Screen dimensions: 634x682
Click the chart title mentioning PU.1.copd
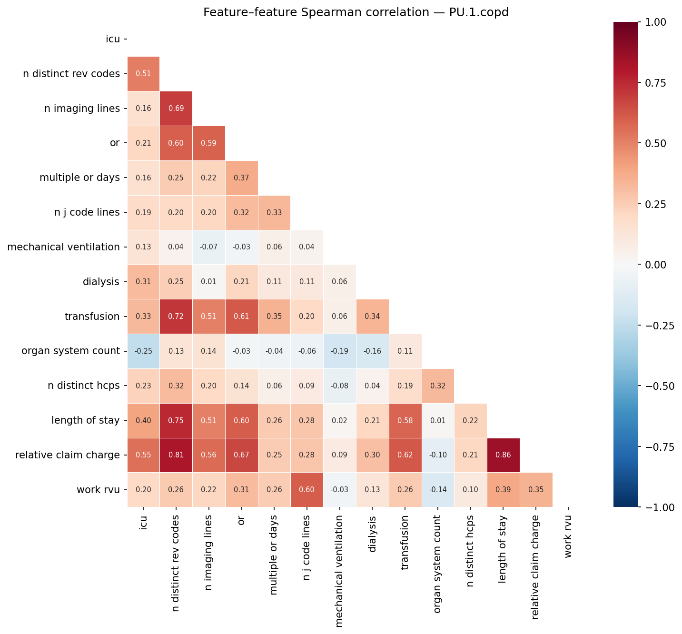356,12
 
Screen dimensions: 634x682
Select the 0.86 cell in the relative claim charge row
503,455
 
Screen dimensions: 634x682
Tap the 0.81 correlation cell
176,455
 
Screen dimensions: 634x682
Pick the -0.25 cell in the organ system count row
143,351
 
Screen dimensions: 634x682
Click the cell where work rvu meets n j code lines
306,490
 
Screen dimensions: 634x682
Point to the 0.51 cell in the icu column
143,74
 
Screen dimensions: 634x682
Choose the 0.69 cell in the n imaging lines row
176,109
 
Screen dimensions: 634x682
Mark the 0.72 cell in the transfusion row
176,317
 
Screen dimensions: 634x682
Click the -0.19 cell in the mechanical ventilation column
339,351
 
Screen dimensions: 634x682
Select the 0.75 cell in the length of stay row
176,420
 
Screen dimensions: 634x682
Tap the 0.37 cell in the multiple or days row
241,178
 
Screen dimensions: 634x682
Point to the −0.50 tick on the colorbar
659,386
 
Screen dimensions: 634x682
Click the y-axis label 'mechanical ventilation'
63,247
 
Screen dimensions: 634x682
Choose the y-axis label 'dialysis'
100,282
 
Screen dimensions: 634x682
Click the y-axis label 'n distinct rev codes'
71,74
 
